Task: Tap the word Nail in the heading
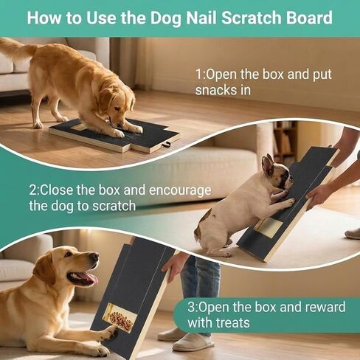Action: click(201, 18)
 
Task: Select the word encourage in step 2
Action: click(180, 191)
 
